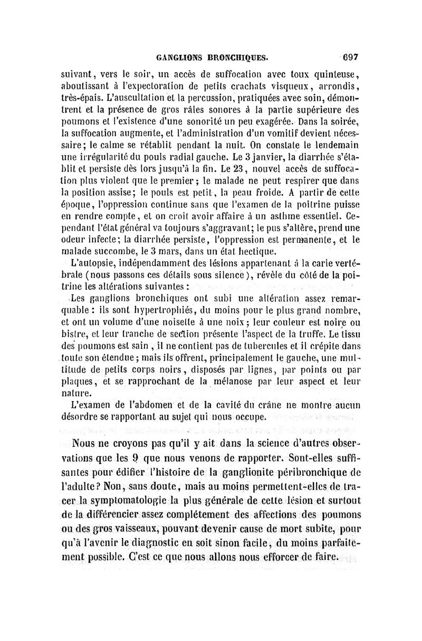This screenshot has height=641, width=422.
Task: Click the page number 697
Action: click(350, 58)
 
